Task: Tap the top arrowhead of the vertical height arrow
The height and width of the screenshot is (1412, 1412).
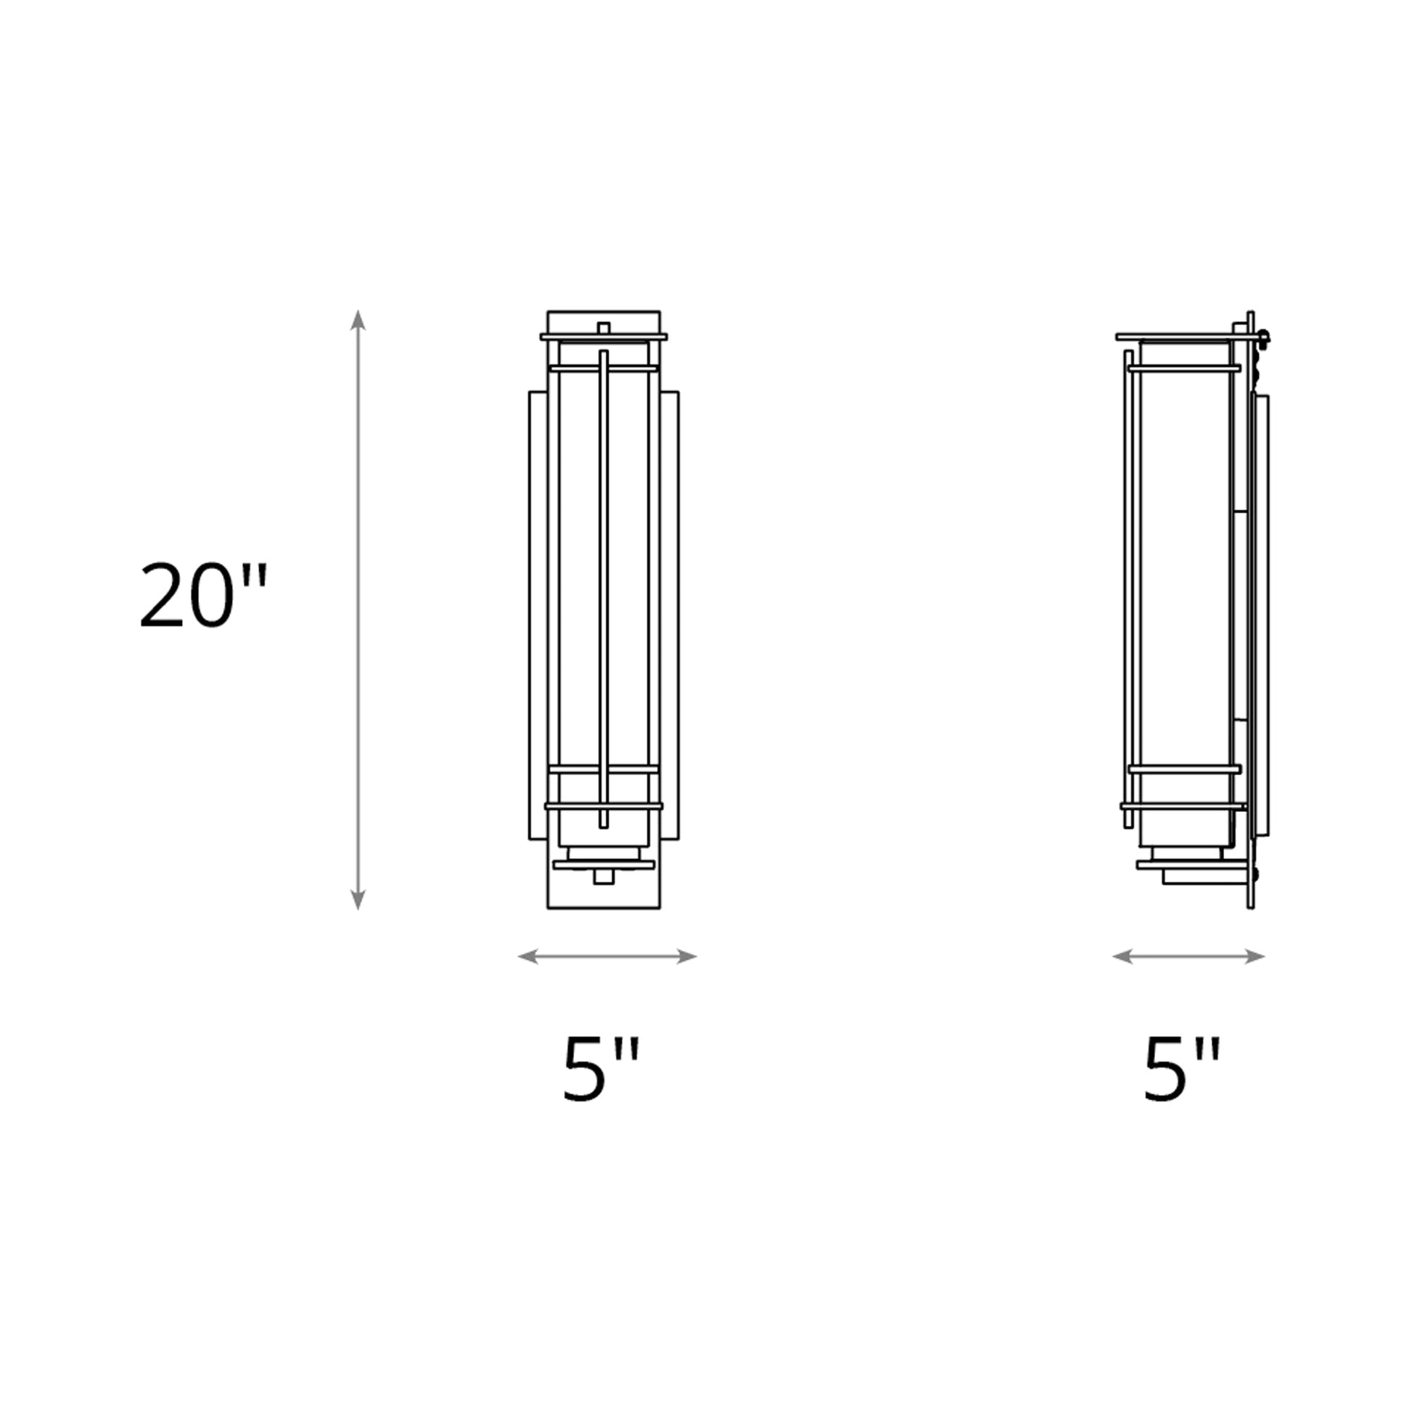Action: tap(358, 320)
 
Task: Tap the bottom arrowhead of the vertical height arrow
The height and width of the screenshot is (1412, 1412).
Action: tap(358, 900)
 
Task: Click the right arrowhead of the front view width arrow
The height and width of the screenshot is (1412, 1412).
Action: tap(686, 956)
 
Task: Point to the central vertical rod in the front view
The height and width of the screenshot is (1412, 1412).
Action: tap(603, 585)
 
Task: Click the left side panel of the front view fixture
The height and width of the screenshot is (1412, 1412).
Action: tap(538, 614)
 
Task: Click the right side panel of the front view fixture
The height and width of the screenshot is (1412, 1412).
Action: tap(669, 614)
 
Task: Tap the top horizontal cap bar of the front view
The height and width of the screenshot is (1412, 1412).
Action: tap(604, 337)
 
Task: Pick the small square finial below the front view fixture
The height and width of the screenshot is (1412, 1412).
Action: tap(604, 877)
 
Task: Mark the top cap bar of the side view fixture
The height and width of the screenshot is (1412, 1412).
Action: tap(1177, 337)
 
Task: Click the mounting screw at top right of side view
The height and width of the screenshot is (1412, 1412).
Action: tap(1264, 337)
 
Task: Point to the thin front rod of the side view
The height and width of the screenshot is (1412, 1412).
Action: tap(1129, 585)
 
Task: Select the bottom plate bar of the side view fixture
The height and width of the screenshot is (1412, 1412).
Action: tap(1191, 865)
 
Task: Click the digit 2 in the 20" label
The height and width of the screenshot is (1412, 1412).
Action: tap(161, 595)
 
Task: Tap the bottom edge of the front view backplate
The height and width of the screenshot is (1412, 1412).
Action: tap(604, 908)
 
